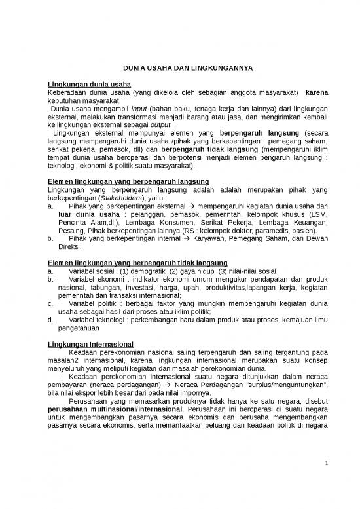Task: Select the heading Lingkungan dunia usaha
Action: click(90, 85)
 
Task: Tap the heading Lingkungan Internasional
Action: click(91, 343)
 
